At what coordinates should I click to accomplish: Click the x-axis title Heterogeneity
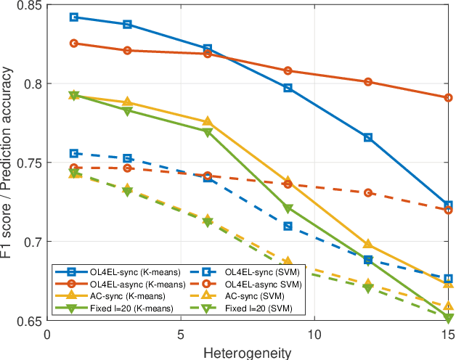(x=248, y=352)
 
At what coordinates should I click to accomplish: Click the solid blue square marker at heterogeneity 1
(x=74, y=17)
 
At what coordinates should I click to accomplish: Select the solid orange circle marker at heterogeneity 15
(x=448, y=97)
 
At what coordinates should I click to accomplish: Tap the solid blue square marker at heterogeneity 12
(x=368, y=137)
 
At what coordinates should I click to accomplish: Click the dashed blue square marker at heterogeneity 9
(x=288, y=226)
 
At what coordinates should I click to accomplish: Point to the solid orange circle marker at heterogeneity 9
(x=288, y=70)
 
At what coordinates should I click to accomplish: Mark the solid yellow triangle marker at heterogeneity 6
(x=208, y=121)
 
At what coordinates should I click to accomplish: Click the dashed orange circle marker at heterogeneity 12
(x=368, y=193)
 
